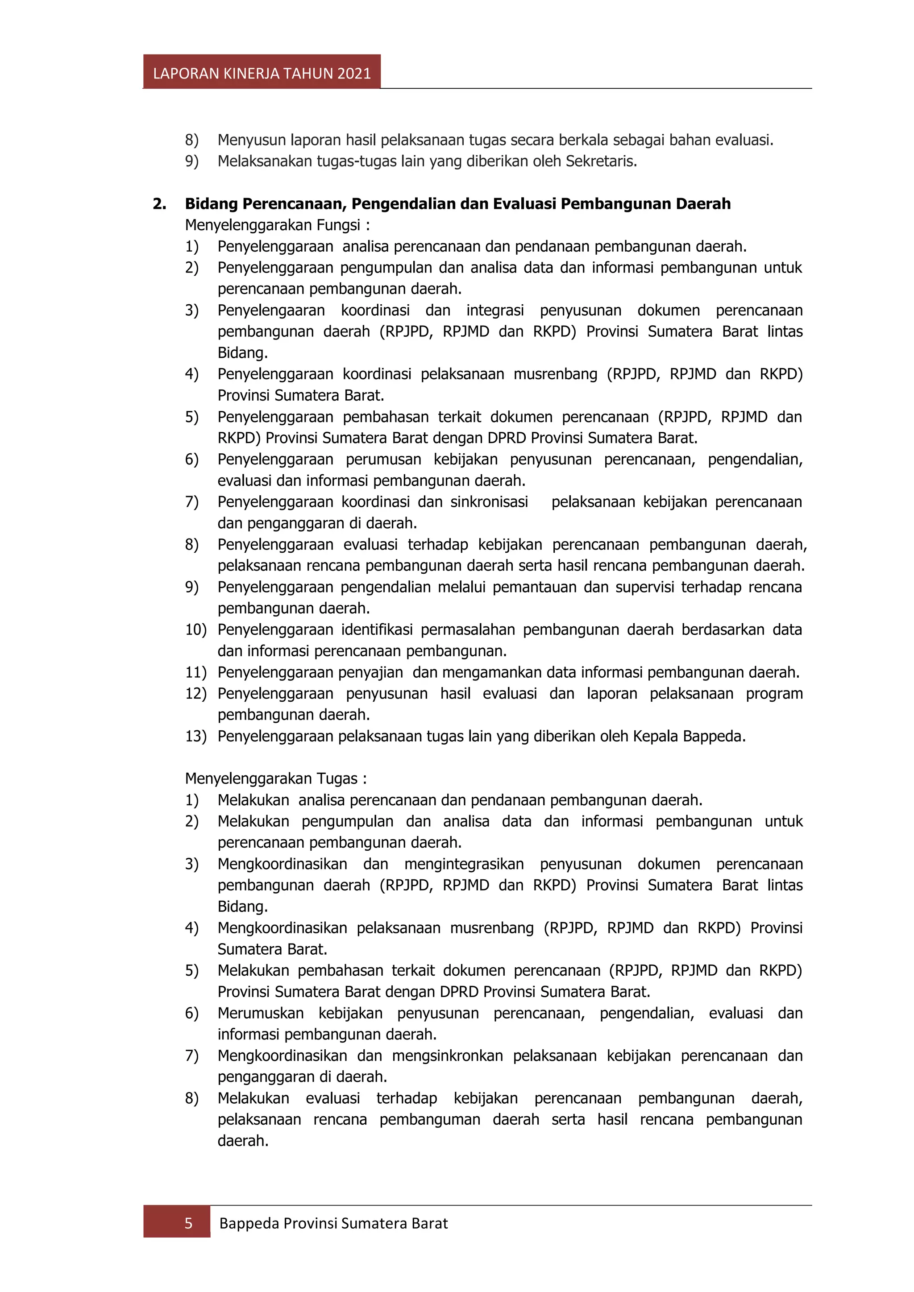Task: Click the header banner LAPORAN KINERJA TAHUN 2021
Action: pos(262,73)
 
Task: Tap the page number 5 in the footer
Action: pos(188,1223)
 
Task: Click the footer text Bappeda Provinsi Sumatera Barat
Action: pos(333,1223)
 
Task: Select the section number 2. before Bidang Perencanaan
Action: pos(159,204)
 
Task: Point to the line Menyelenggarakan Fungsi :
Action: pos(277,225)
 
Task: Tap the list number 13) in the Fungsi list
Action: pos(195,736)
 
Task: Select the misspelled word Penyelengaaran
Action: pos(271,311)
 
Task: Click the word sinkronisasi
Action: pos(489,502)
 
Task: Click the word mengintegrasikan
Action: pos(464,864)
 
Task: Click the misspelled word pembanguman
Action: pos(429,1119)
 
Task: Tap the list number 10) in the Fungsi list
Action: pos(195,629)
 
